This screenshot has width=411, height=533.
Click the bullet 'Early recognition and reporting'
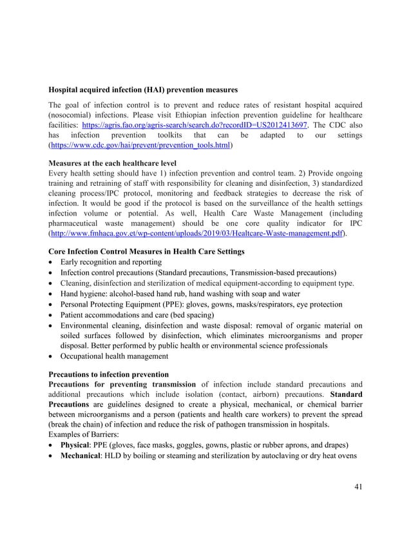tap(111, 262)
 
